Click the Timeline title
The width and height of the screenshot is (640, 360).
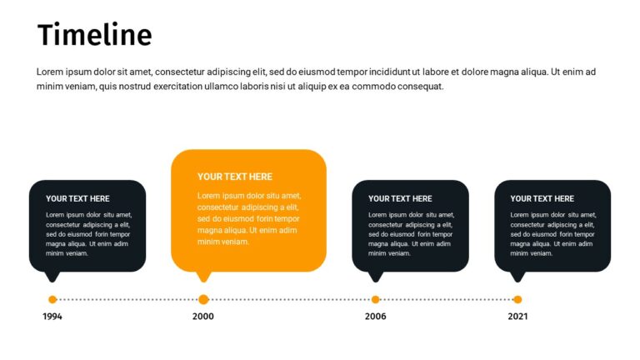(x=94, y=36)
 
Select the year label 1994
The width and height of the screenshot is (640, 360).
(x=52, y=317)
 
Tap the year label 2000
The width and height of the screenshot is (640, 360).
(x=203, y=317)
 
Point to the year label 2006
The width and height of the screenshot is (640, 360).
(x=375, y=317)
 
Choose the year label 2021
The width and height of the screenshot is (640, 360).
(x=517, y=317)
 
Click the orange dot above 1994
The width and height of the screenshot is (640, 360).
(x=52, y=299)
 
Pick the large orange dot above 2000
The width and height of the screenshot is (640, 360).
(x=203, y=299)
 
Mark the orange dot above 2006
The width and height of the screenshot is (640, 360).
(x=375, y=299)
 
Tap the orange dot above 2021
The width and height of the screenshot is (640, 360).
(x=517, y=299)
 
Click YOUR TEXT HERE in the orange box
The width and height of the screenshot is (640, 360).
(x=235, y=177)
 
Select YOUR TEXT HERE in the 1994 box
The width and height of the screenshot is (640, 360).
(x=77, y=198)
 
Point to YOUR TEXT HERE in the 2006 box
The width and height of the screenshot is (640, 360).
(x=400, y=198)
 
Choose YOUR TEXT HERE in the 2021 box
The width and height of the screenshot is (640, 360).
(x=542, y=198)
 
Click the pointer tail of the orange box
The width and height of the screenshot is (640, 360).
(x=202, y=277)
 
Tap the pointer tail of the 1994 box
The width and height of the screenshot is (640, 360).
(x=52, y=276)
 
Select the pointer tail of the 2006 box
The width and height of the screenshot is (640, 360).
(x=375, y=276)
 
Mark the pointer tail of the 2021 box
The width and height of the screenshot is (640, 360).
(x=517, y=276)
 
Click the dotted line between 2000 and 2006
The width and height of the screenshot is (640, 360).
(x=289, y=299)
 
